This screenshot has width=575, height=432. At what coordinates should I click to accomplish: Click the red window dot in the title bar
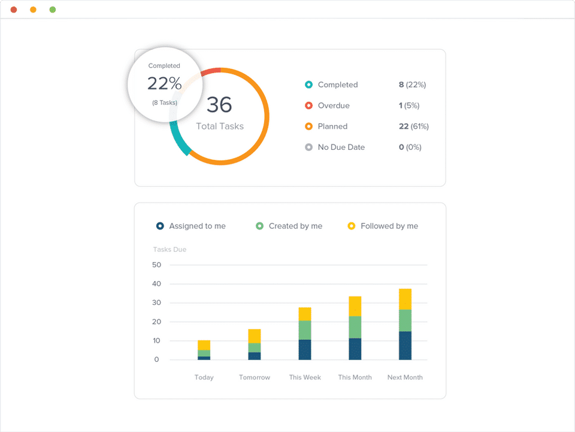point(14,10)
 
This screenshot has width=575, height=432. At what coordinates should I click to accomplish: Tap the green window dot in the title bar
point(53,10)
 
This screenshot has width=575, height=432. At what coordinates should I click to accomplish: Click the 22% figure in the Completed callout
point(164,83)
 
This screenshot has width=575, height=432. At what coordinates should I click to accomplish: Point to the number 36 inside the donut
point(219,105)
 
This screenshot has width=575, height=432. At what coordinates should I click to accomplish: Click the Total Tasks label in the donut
point(220,126)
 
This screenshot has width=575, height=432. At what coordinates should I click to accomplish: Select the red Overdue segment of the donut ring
point(210,72)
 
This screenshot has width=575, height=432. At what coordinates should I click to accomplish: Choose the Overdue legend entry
point(334,105)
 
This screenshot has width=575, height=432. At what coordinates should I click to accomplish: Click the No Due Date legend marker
point(308,147)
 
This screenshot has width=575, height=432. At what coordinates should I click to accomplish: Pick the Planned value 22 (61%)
point(413,126)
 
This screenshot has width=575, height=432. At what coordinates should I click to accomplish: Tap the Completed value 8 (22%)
point(412,85)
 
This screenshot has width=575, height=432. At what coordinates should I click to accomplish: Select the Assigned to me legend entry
point(197,226)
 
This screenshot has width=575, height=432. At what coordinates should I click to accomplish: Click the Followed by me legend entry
point(389,226)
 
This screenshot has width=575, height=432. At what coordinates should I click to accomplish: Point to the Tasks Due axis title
point(170,249)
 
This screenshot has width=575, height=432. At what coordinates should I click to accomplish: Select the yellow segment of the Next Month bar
point(405,299)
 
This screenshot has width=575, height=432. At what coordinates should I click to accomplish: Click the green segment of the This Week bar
point(305,330)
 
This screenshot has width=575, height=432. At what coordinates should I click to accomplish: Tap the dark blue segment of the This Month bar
point(355,349)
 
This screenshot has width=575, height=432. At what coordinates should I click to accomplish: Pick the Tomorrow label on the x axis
point(255,377)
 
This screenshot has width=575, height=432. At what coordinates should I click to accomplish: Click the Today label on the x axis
point(204,377)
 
